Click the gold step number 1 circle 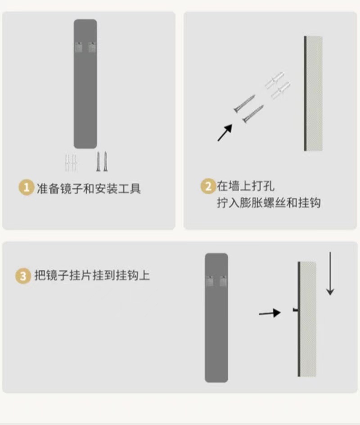(x=26, y=188)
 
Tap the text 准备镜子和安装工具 (x=89, y=188)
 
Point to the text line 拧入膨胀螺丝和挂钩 (x=269, y=203)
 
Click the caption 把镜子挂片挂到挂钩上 (x=92, y=275)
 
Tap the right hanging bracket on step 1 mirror (x=92, y=47)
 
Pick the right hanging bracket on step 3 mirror (x=223, y=281)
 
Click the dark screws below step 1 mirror (x=102, y=162)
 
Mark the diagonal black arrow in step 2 (x=225, y=133)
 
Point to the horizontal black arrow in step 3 (x=270, y=313)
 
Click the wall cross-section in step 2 (x=314, y=94)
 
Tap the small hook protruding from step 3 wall (x=295, y=310)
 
